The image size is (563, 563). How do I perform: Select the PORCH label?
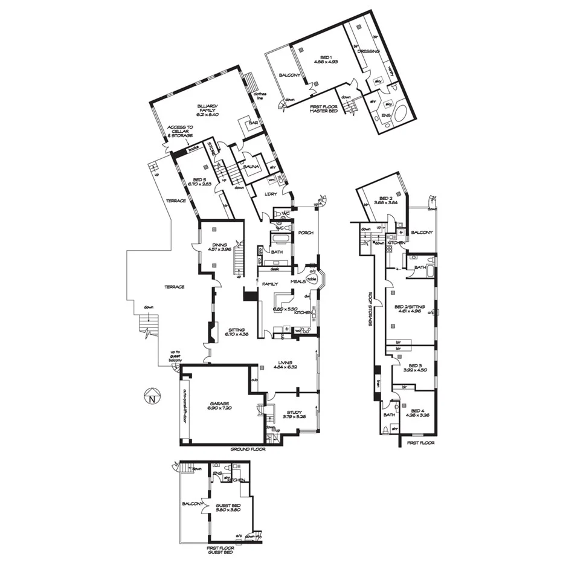tap(306, 232)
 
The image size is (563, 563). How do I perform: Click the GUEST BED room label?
tap(228, 506)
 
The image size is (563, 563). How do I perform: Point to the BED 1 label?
tap(325, 59)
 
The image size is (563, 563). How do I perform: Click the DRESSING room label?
tap(368, 51)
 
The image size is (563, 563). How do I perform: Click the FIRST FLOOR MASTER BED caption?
tap(323, 109)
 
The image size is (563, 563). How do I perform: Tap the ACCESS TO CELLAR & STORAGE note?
tap(181, 131)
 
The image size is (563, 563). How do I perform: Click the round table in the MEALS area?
tap(312, 278)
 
